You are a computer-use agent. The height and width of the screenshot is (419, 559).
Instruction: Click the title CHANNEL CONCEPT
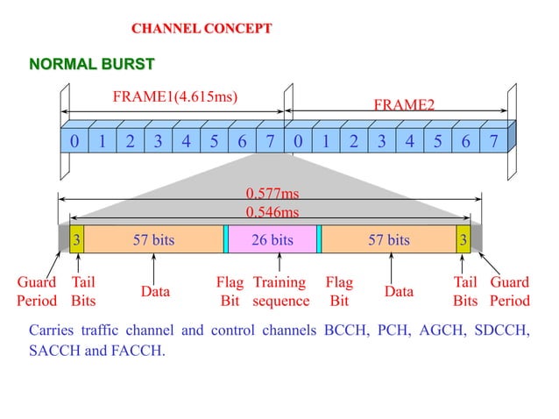point(202,29)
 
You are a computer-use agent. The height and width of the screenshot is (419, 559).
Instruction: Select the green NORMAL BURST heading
point(92,64)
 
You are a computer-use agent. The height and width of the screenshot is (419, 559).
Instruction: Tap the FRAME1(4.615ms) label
point(175,96)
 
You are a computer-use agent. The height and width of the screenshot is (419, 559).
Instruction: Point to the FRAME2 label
point(404,105)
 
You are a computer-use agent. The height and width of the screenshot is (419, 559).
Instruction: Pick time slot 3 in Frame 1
point(158,141)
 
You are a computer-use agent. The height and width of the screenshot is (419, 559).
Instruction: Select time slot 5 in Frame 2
point(437,141)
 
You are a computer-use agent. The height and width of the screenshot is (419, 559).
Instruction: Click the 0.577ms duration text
point(272,194)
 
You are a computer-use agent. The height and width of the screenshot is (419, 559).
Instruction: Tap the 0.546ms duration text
point(272,212)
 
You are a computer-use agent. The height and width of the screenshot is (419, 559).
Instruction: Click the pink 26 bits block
point(272,239)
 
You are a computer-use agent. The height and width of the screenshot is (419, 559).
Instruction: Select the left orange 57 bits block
point(153,239)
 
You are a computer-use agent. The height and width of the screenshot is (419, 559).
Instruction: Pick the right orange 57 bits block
point(388,239)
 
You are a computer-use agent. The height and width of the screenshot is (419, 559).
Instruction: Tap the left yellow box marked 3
point(77,239)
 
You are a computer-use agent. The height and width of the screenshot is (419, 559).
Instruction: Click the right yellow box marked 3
point(463,239)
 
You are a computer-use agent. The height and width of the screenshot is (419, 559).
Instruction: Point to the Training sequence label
point(280,292)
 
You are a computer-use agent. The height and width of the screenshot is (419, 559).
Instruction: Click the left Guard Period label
point(38,292)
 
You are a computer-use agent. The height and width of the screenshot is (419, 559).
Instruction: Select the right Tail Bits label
point(465,292)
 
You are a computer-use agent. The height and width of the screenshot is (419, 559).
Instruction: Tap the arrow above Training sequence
point(279,262)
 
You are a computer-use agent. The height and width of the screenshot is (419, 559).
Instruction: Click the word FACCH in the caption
point(139,351)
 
